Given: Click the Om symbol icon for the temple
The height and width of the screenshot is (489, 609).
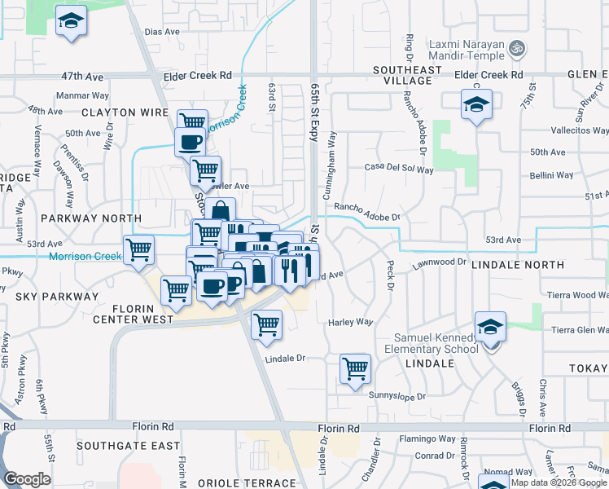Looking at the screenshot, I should pyautogui.click(x=515, y=50).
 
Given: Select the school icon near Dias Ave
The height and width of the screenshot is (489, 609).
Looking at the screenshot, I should pyautogui.click(x=72, y=21).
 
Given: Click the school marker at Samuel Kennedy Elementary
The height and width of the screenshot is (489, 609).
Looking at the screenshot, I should pyautogui.click(x=490, y=328).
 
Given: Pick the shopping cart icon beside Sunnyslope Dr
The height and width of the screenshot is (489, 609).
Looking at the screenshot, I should pyautogui.click(x=356, y=368).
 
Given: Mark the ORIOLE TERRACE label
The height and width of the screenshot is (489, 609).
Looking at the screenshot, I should pyautogui.click(x=253, y=483).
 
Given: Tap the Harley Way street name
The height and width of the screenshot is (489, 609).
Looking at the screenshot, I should pyautogui.click(x=350, y=323).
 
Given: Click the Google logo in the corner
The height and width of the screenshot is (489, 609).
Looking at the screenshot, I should pyautogui.click(x=27, y=479).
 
